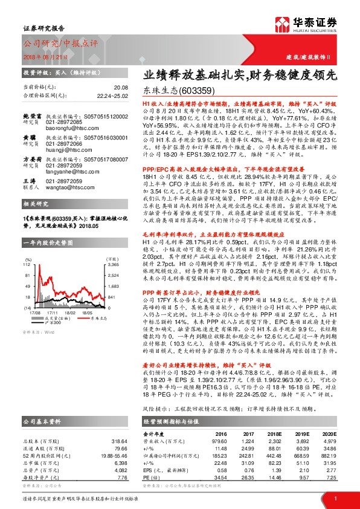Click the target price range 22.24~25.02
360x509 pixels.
tap(113, 96)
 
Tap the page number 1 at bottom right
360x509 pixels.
tap(335, 498)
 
